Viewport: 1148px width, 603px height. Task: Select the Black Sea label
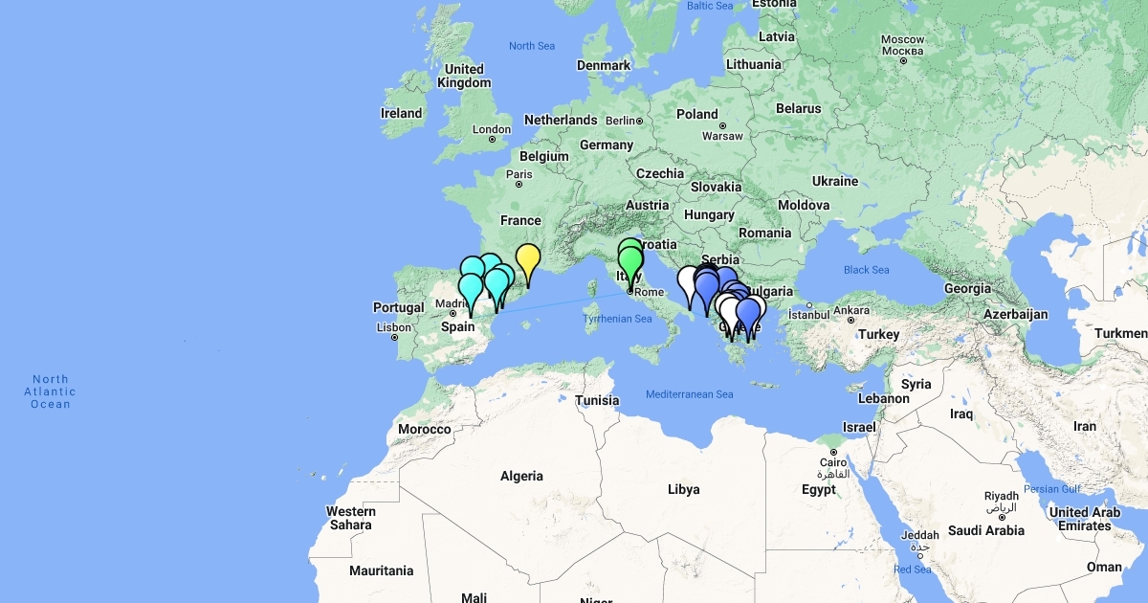(x=866, y=270)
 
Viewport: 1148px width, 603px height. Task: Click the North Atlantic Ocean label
(x=51, y=391)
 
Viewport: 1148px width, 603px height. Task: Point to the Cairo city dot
(x=833, y=452)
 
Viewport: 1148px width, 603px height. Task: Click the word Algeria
(x=521, y=476)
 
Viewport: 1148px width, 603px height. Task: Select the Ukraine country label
(x=835, y=181)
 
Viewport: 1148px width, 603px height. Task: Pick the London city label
(x=492, y=129)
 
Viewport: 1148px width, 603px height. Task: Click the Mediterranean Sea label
(x=689, y=394)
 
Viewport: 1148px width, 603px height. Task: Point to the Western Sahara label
(x=351, y=518)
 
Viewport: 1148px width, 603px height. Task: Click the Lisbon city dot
(x=394, y=338)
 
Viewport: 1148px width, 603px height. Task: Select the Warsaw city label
(x=721, y=136)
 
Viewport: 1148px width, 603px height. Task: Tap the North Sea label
(x=532, y=46)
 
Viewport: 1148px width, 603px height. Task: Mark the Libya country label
(x=683, y=489)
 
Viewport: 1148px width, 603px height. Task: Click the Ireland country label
(x=402, y=113)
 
